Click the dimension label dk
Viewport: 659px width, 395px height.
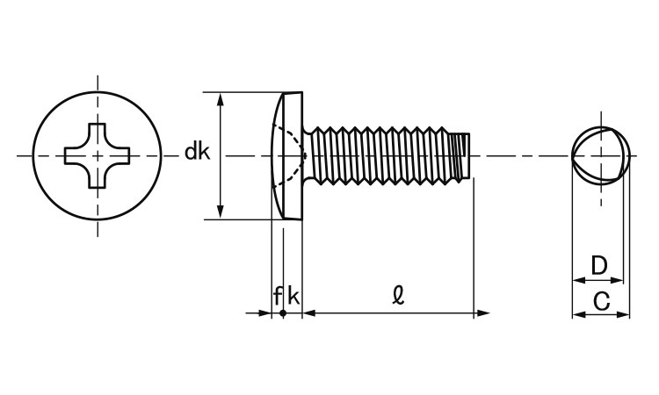197,153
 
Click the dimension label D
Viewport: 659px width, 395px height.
598,264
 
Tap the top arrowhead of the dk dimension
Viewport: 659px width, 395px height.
221,97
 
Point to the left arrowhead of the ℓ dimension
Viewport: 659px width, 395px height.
308,312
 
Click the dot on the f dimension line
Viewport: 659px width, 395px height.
283,312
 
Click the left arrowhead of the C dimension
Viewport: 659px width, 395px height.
577,313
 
